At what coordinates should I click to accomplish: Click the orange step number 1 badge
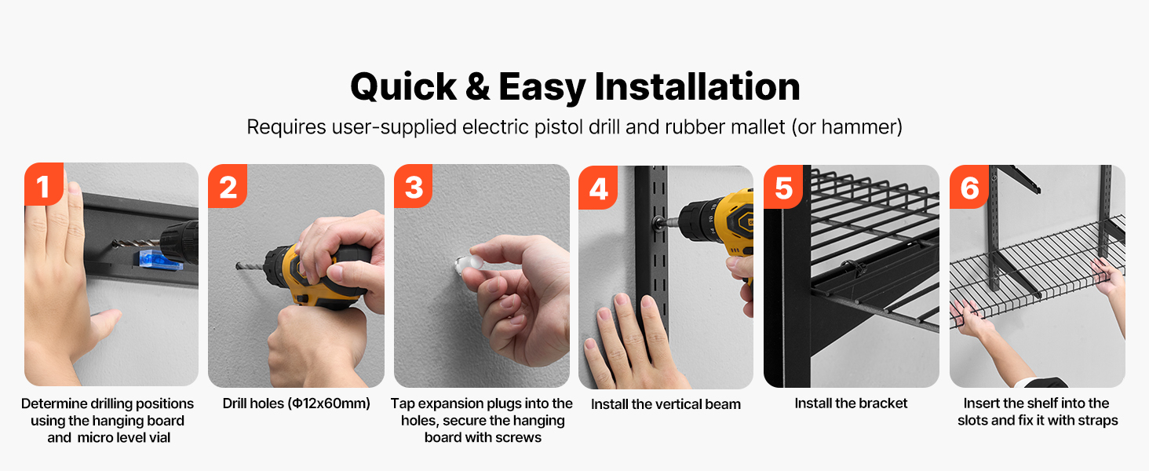coord(44,184)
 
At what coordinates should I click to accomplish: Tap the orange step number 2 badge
coord(228,186)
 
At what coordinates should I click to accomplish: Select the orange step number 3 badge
coord(414,186)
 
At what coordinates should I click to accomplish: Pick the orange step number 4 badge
coord(598,188)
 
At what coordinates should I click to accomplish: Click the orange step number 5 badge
coord(783,187)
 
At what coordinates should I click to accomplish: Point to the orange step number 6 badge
coord(969,187)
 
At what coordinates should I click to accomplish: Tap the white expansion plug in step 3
coord(468,265)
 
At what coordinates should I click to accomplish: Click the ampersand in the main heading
coord(477,86)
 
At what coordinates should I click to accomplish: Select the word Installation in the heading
coord(697,86)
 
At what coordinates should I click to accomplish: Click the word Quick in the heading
coord(403,87)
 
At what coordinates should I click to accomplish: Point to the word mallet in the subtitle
coord(757,126)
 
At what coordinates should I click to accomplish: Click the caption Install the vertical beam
coord(666,404)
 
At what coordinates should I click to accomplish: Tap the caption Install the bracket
coord(851,403)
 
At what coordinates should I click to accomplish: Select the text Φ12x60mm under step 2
coord(330,403)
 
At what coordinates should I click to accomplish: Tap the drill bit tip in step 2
coord(238,266)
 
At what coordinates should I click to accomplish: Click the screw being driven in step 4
coord(658,223)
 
